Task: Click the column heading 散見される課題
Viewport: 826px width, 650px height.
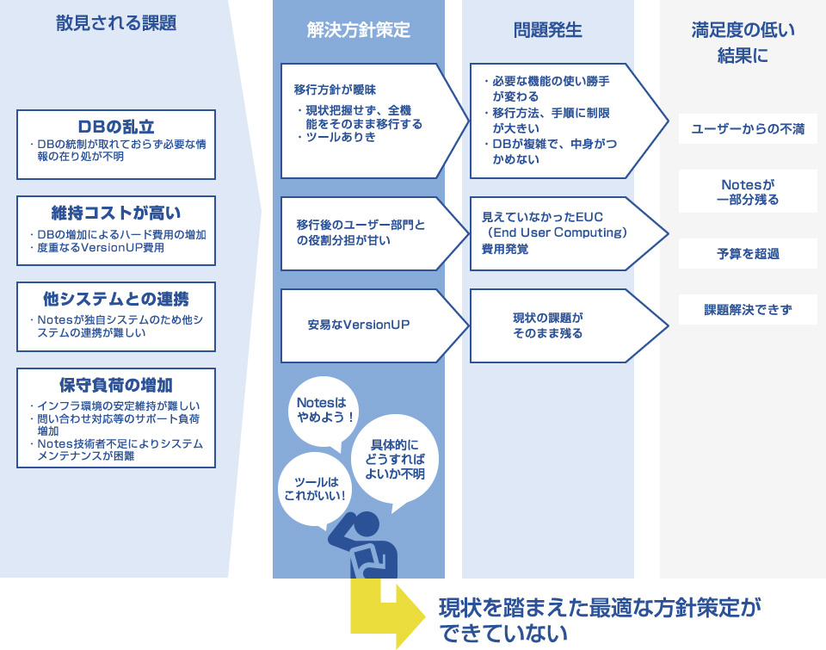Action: (x=116, y=23)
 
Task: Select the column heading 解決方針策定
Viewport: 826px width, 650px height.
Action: (x=358, y=30)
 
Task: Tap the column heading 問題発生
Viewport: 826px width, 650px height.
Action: (x=548, y=30)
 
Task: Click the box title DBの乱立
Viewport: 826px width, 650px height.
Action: (x=116, y=127)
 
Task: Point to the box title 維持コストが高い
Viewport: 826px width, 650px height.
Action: (x=116, y=213)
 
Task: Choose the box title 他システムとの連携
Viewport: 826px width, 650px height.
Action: (x=116, y=299)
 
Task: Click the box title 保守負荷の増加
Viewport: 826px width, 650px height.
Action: (x=116, y=386)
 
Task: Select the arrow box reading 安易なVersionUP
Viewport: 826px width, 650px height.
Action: (x=374, y=325)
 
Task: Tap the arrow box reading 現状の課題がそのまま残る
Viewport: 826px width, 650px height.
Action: (x=569, y=325)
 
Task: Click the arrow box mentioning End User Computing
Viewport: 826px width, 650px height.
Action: (x=569, y=233)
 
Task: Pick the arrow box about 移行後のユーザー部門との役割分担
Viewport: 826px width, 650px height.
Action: (x=374, y=233)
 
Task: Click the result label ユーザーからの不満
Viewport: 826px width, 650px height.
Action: (x=748, y=128)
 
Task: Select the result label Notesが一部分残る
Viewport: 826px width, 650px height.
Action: (x=748, y=191)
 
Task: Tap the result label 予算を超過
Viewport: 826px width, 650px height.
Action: (x=748, y=254)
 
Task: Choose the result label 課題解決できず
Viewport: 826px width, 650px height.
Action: (x=748, y=309)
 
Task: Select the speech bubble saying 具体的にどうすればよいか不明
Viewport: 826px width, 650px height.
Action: (x=395, y=458)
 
